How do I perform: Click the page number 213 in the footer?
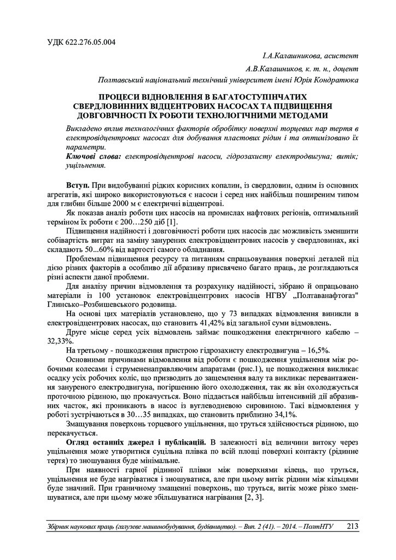tap(353, 526)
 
